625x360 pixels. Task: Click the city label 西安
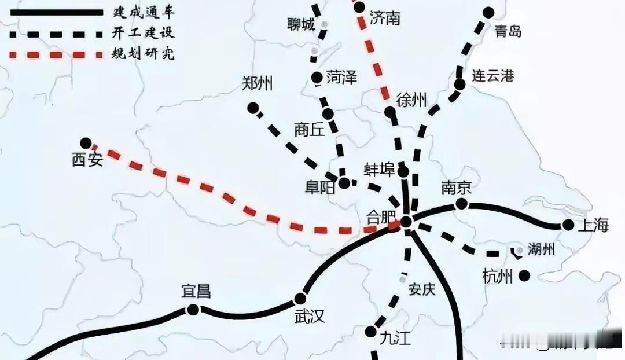click(x=87, y=160)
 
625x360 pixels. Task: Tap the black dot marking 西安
click(x=86, y=143)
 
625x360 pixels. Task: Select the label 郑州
click(x=257, y=85)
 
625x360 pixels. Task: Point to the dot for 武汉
click(x=300, y=299)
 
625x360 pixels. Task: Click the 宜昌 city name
click(x=196, y=291)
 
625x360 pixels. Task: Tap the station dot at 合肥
click(x=406, y=221)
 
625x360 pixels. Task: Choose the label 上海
click(x=593, y=226)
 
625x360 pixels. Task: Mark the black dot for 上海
click(x=568, y=225)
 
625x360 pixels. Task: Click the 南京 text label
click(x=457, y=188)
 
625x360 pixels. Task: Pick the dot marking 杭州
click(x=524, y=276)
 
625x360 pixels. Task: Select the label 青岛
click(x=508, y=31)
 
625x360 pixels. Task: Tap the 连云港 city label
click(x=492, y=76)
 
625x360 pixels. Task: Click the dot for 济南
click(x=359, y=7)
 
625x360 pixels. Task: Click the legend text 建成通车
click(x=143, y=11)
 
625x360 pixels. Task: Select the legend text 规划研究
click(x=143, y=54)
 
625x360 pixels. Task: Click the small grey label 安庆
click(x=421, y=289)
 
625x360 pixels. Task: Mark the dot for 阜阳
click(x=344, y=183)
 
